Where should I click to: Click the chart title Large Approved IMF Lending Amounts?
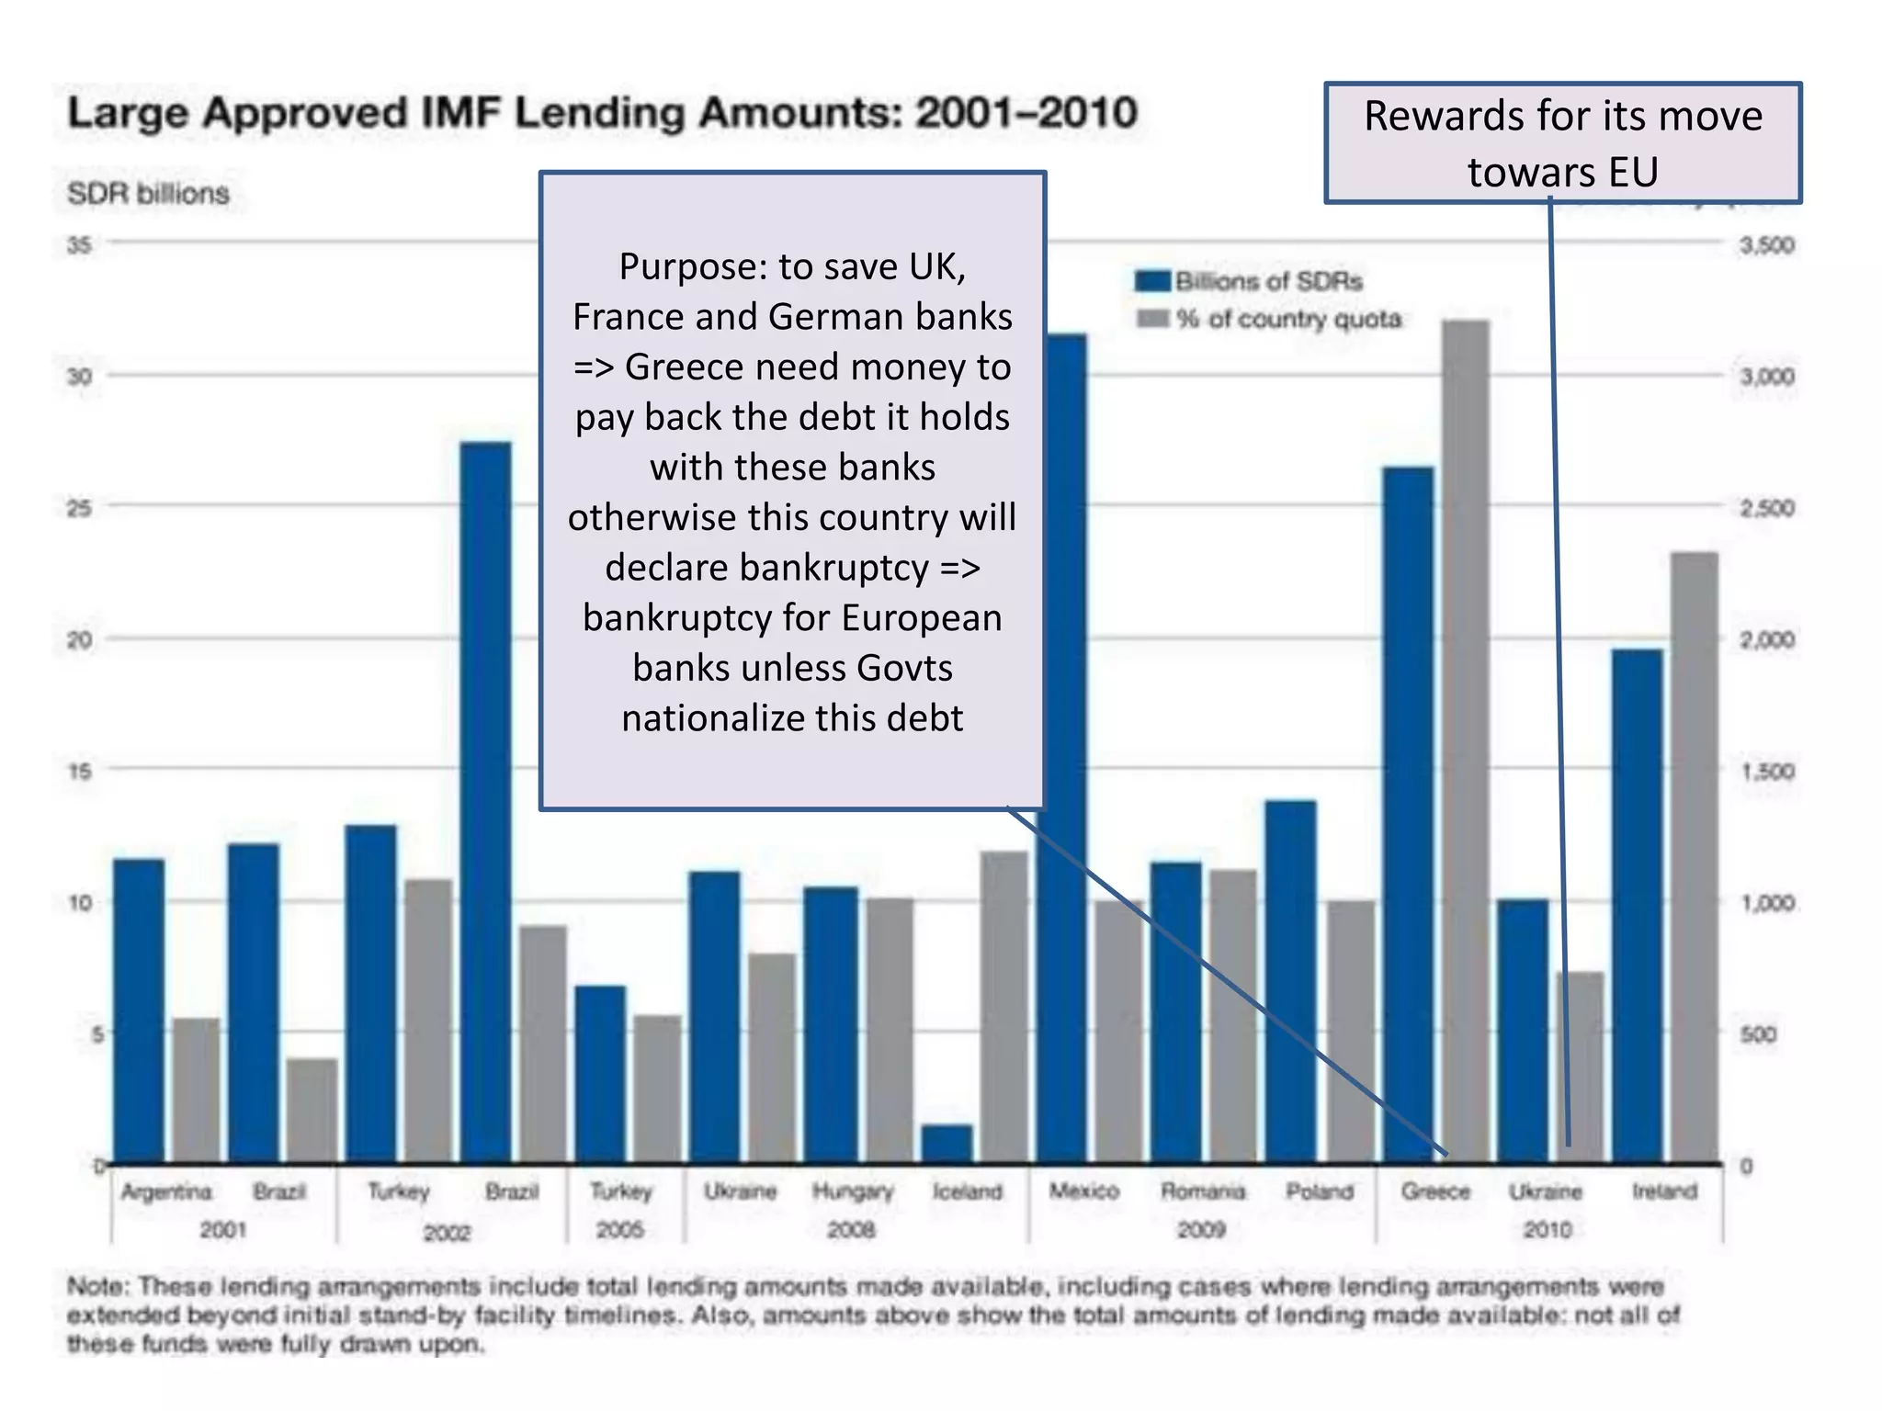[x=602, y=114]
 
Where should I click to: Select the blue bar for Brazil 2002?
[x=486, y=799]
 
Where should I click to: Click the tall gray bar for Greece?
[x=1466, y=735]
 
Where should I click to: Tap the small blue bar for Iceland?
[x=947, y=1143]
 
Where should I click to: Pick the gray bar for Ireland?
[x=1694, y=854]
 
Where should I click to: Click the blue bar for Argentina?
[x=139, y=1010]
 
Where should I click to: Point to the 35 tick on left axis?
[x=80, y=244]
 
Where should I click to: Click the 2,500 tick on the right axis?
[x=1766, y=508]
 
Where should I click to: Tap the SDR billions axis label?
[x=148, y=194]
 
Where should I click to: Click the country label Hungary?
[x=853, y=1191]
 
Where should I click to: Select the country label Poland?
[x=1320, y=1191]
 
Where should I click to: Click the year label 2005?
[x=620, y=1229]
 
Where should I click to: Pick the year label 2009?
[x=1201, y=1229]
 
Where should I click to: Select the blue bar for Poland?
[x=1290, y=983]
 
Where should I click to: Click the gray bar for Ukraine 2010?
[x=1580, y=1066]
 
